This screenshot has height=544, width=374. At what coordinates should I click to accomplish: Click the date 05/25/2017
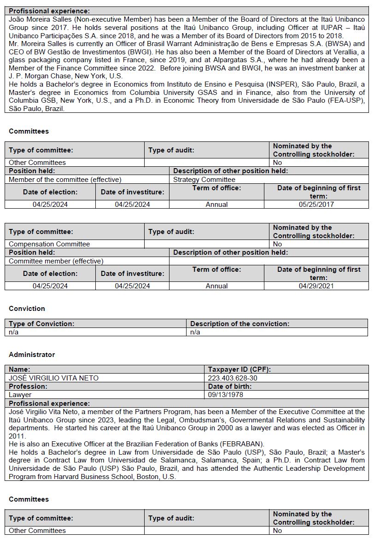[x=316, y=205]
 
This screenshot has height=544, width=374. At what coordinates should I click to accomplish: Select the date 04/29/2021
[x=316, y=286]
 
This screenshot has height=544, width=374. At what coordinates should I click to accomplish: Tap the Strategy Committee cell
[x=204, y=180]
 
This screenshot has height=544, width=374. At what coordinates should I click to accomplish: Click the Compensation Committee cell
[x=49, y=244]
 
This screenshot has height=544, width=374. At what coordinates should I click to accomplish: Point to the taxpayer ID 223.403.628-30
[x=233, y=378]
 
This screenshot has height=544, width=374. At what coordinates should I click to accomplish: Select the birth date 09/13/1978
[x=226, y=395]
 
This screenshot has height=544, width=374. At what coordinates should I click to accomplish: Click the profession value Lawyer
[x=20, y=395]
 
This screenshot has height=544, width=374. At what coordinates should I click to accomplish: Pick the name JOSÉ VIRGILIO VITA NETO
[x=53, y=378]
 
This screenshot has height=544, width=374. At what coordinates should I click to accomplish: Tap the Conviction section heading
[x=27, y=309]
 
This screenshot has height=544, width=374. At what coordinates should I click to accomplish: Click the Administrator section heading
[x=32, y=355]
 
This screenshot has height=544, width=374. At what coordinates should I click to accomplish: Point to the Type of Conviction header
[x=41, y=324]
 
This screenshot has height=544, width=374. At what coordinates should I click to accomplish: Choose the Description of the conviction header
[x=240, y=324]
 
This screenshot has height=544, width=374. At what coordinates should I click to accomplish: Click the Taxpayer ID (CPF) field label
[x=239, y=369]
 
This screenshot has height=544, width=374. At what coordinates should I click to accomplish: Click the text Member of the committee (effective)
[x=65, y=180]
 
